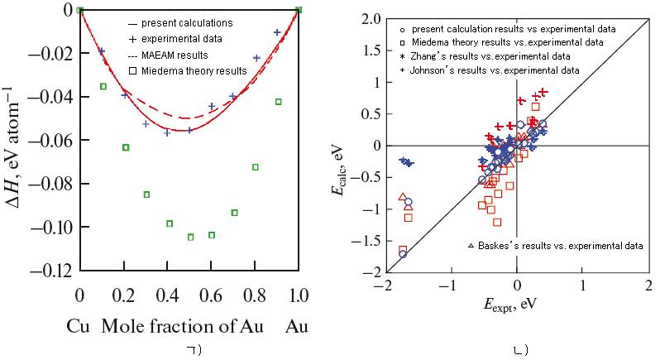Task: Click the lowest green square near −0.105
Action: click(190, 237)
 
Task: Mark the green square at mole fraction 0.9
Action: click(279, 102)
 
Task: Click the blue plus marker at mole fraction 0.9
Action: click(277, 32)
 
